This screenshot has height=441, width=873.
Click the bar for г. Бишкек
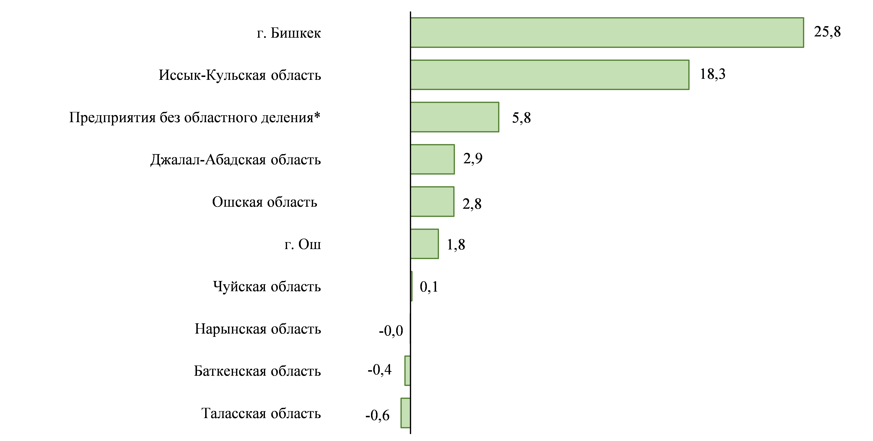pos(607,33)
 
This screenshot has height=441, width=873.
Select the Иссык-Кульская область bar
pos(550,75)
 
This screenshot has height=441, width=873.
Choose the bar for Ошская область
pos(432,202)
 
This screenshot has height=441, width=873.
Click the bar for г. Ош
pos(424,244)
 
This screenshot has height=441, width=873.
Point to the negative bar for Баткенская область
pos(407,371)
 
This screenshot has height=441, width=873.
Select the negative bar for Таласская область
pos(405,413)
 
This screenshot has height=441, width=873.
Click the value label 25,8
pos(827,32)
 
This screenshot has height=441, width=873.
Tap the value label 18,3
pos(713,74)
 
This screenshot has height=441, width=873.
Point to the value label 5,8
pos(521,118)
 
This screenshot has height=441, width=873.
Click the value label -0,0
pos(391,330)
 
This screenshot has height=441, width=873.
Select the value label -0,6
pos(377,415)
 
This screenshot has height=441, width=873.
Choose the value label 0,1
pos(429,287)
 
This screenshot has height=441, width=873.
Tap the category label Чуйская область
pos(267,286)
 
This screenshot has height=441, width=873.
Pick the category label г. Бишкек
pos(289,33)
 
